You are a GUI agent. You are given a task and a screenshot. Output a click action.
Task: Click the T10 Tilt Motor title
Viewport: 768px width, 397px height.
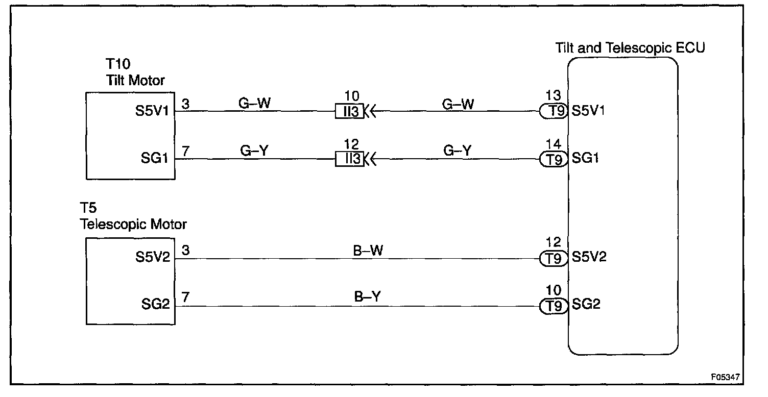(x=135, y=72)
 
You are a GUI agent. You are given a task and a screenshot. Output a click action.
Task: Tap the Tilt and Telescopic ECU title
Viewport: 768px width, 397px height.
(x=630, y=48)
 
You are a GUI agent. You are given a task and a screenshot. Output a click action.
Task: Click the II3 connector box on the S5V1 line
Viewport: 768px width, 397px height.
(x=349, y=111)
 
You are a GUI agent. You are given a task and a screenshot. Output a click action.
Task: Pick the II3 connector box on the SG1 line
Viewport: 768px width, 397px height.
(x=349, y=159)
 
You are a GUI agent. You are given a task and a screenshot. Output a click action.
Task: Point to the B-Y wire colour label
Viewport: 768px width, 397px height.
(x=367, y=297)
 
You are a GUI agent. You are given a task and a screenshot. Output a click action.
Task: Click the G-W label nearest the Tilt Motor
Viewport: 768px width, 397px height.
(x=254, y=102)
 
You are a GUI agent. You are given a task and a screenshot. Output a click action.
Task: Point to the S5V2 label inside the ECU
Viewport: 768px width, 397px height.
(x=589, y=257)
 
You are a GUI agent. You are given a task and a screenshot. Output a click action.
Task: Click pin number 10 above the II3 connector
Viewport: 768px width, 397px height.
(x=352, y=96)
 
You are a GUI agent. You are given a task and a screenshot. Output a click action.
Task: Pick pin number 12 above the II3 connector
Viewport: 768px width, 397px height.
(x=352, y=144)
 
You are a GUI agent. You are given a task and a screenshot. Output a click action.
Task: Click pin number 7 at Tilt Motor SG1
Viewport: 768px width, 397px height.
(x=185, y=152)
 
